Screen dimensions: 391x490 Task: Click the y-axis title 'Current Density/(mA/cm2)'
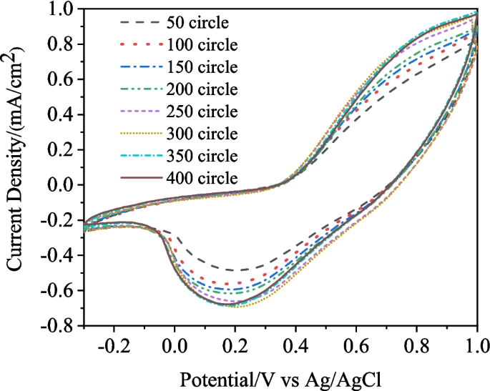pyautogui.click(x=15, y=158)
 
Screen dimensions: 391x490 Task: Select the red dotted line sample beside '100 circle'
pyautogui.click(x=140, y=46)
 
